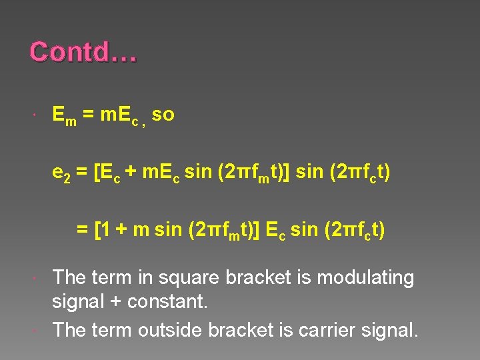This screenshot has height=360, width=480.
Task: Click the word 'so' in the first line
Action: pos(163,115)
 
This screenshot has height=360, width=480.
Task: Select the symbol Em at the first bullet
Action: pos(63,116)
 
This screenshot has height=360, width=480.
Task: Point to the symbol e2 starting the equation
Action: pos(61,173)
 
